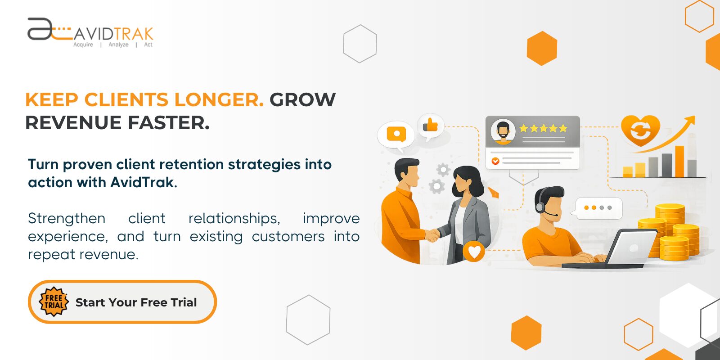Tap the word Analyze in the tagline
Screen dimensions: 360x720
click(118, 45)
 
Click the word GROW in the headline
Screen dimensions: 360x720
click(302, 100)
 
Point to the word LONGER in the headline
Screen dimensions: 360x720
click(219, 100)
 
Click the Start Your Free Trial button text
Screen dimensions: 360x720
click(136, 302)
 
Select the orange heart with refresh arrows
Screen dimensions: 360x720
click(640, 130)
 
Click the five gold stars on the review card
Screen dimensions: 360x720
click(543, 128)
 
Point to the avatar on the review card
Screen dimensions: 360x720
click(503, 131)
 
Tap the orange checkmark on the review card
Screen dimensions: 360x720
click(495, 161)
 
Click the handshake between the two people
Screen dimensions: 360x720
click(432, 235)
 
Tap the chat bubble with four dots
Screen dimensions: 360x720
click(598, 208)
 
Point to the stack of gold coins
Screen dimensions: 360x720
click(670, 232)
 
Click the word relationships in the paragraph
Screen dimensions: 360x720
click(234, 218)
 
